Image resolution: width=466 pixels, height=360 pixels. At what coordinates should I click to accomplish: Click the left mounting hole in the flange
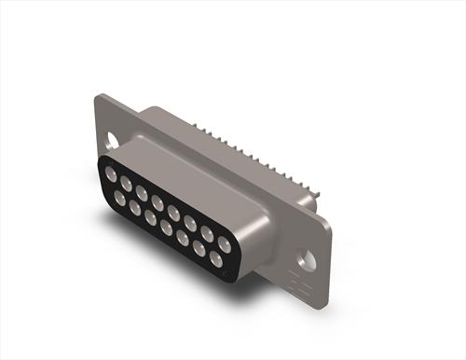(x=114, y=143)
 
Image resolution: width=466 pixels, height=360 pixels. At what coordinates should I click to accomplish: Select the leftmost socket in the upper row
(x=111, y=174)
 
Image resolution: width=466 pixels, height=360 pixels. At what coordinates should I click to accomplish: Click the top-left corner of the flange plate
(x=98, y=96)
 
